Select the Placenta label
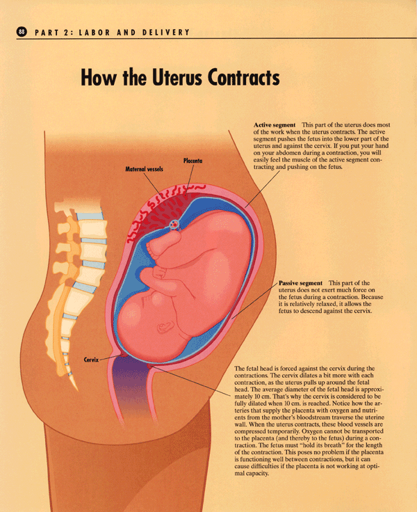pyautogui.click(x=194, y=161)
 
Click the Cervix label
pyautogui.click(x=92, y=360)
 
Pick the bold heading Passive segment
pyautogui.click(x=300, y=284)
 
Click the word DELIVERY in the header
pyautogui.click(x=168, y=32)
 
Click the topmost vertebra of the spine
pyautogui.click(x=69, y=205)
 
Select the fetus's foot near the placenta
pyautogui.click(x=162, y=243)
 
